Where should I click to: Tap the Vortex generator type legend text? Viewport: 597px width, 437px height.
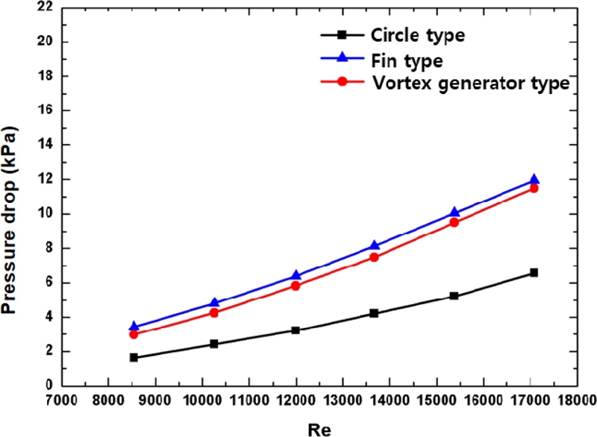(x=470, y=82)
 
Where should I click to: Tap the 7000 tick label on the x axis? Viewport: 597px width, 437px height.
(x=62, y=400)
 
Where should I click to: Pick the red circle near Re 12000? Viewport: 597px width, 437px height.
(x=296, y=285)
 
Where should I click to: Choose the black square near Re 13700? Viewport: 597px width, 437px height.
(x=374, y=313)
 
